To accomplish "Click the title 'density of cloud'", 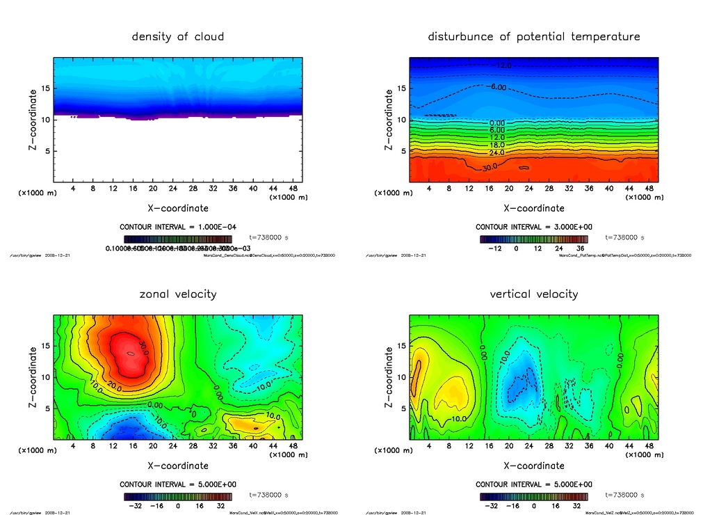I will [x=178, y=36].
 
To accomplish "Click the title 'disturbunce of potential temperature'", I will [x=533, y=36].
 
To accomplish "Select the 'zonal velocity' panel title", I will [x=178, y=294].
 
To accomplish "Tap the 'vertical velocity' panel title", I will [x=533, y=294].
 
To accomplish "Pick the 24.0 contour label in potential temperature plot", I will [x=497, y=152].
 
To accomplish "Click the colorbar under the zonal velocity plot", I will [x=177, y=497].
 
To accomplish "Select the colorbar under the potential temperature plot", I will [x=533, y=239].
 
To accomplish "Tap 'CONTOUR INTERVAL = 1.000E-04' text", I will [x=177, y=227].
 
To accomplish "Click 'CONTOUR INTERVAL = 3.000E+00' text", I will [x=533, y=227].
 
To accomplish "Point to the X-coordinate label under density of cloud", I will [x=178, y=207].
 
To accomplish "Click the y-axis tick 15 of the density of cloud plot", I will [x=47, y=88].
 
